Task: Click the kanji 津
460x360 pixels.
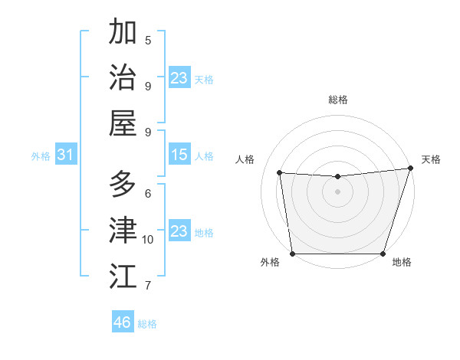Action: pos(123,230)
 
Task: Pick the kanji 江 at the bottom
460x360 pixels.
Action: pos(123,276)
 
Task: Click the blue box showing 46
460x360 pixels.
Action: pos(122,322)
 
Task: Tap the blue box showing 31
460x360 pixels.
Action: pos(66,155)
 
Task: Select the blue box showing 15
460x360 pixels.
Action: pos(179,155)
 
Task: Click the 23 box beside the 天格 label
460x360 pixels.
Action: pos(179,78)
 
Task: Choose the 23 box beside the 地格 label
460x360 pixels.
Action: pos(179,231)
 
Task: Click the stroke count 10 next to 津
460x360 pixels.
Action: pos(148,239)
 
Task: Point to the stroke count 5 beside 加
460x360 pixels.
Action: pos(148,40)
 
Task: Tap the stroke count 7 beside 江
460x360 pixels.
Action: pos(148,286)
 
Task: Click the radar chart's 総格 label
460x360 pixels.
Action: pos(337,100)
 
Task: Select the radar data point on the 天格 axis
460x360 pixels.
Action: pos(410,169)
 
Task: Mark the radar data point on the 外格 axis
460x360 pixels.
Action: pos(292,254)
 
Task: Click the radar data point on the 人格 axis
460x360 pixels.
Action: pos(280,173)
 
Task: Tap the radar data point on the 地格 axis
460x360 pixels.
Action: pos(383,254)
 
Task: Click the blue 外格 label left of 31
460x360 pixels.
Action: pos(41,156)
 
